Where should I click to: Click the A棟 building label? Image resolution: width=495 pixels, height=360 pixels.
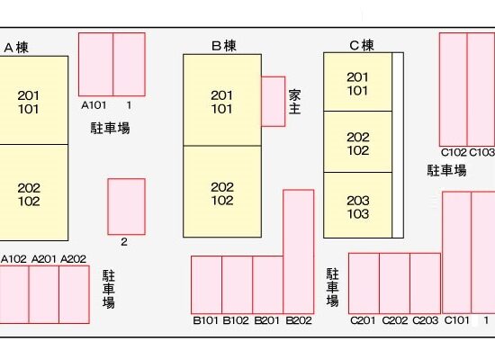(x=16, y=48)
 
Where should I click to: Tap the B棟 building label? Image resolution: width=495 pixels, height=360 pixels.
(x=224, y=46)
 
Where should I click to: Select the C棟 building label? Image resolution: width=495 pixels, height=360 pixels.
(x=362, y=46)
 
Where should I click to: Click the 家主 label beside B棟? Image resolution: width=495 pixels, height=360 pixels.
(x=294, y=102)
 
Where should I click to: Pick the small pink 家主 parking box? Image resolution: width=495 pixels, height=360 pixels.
(x=274, y=102)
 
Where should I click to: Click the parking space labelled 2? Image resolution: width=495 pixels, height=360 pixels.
(x=127, y=207)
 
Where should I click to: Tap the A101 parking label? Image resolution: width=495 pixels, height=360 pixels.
(x=94, y=105)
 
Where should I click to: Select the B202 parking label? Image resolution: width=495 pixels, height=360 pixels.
(x=299, y=320)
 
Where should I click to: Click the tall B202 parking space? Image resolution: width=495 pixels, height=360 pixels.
(x=299, y=252)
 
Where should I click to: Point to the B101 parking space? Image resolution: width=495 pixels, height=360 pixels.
(x=206, y=284)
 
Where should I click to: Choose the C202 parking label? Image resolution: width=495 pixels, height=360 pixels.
(x=394, y=320)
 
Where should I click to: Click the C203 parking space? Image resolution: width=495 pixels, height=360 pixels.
(x=425, y=283)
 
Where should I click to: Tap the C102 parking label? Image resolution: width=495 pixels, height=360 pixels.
(x=454, y=152)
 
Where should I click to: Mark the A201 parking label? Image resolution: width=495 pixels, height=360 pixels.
(x=43, y=259)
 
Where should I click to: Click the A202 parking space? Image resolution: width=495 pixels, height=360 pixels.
(x=74, y=294)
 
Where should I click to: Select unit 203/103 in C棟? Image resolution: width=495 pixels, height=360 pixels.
(x=358, y=205)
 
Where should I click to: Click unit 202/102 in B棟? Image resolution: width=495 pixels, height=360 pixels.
(x=222, y=192)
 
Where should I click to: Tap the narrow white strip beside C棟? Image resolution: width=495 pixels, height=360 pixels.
(x=398, y=145)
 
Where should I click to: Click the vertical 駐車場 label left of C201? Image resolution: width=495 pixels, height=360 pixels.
(x=332, y=287)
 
